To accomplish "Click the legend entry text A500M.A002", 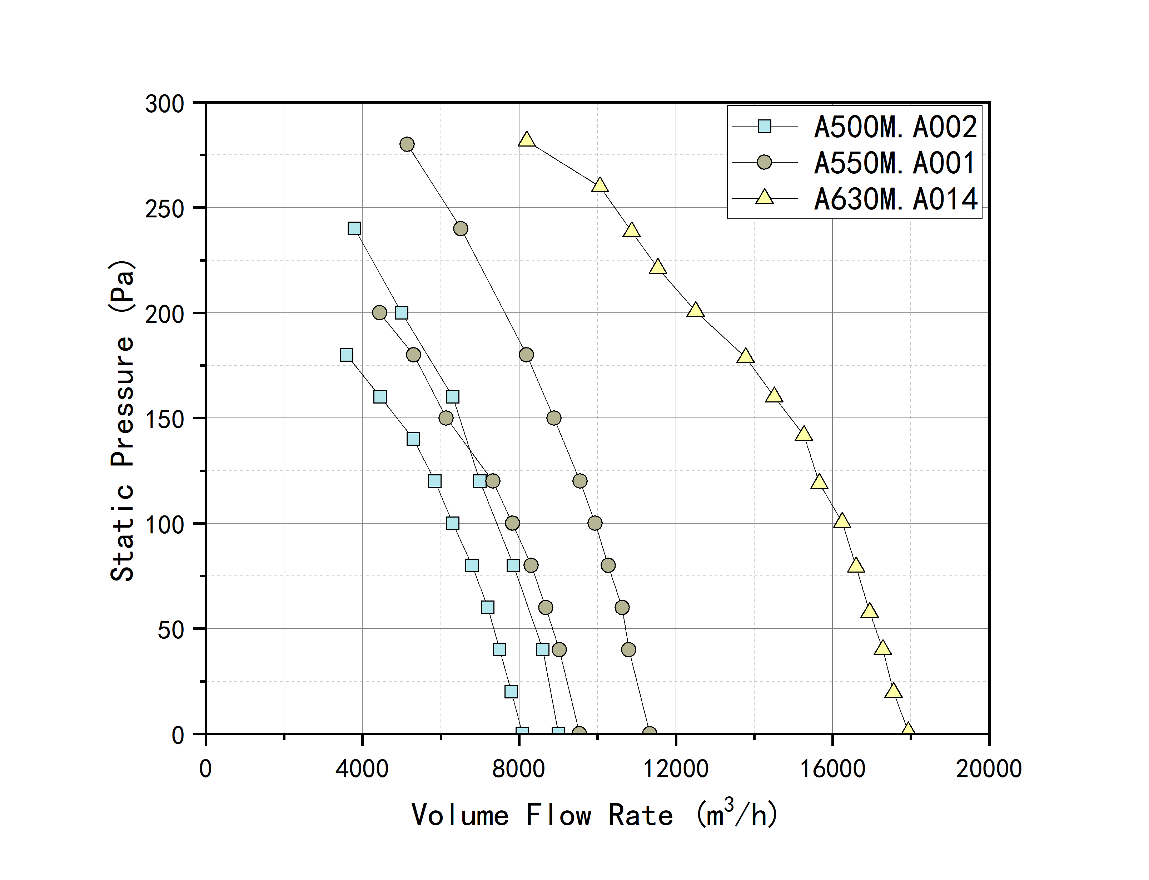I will [x=895, y=127].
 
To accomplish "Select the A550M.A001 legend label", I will [x=895, y=163].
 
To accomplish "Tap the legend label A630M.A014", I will [x=895, y=199].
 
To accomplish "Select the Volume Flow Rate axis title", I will [x=594, y=815].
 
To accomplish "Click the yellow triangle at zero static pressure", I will [x=908, y=730].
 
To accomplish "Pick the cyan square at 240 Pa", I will [x=354, y=228].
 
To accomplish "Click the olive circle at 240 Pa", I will [x=461, y=228].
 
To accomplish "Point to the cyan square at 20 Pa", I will [x=511, y=691].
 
